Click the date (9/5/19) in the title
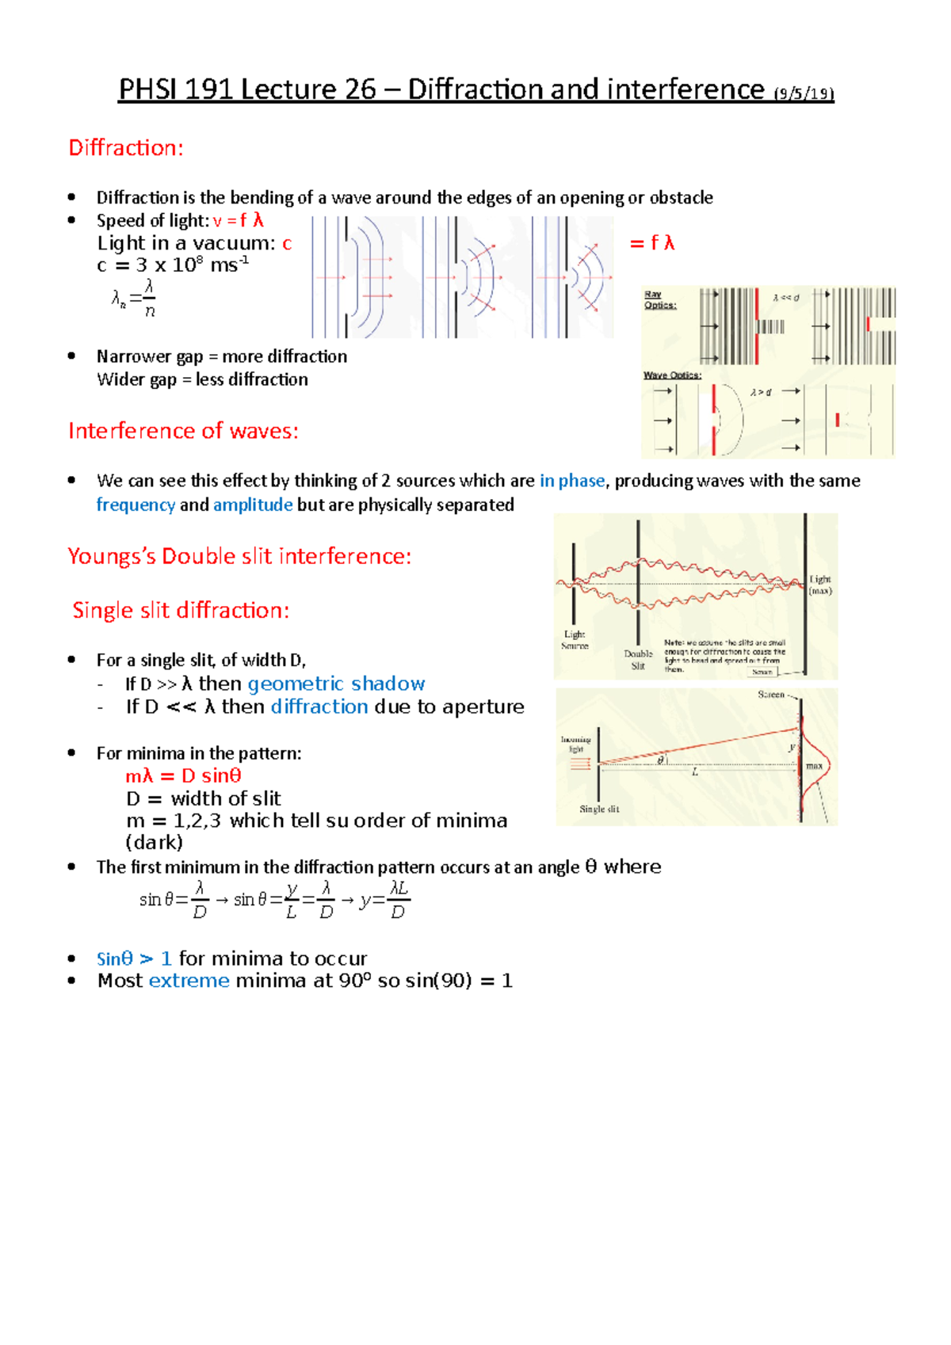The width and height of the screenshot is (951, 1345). (804, 93)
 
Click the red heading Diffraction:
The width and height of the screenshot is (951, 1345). (126, 148)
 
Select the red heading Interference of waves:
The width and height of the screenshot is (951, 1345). (183, 431)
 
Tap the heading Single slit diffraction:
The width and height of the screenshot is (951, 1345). (181, 611)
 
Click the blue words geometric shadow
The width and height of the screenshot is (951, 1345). (336, 684)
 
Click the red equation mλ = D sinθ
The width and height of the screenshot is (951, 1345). (183, 776)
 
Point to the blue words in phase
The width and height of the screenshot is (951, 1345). (571, 481)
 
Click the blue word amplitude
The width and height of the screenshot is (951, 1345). (253, 505)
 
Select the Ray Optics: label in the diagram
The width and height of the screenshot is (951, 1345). (659, 299)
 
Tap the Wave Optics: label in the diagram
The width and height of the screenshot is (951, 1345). (671, 375)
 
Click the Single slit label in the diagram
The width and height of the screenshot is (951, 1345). (598, 810)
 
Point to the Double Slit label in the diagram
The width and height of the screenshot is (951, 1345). (638, 660)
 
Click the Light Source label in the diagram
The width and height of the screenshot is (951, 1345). (575, 640)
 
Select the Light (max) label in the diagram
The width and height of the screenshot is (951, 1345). (820, 585)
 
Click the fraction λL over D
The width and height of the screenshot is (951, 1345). (399, 900)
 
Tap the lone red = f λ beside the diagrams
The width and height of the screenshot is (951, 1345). (651, 243)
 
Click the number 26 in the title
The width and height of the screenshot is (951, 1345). (361, 90)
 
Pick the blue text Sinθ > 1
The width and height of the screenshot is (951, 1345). (133, 959)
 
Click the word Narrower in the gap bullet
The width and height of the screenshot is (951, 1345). (132, 357)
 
